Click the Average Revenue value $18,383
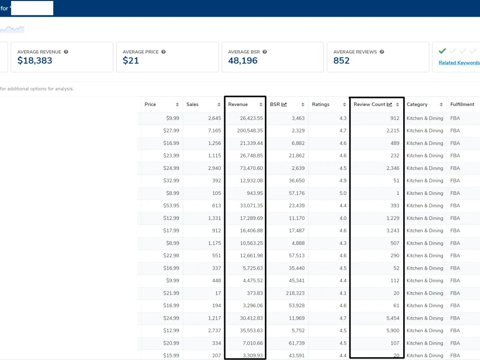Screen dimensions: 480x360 point(35,60)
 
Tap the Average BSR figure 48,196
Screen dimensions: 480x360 point(243,60)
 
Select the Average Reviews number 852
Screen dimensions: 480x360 point(341,60)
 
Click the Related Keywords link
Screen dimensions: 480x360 point(459,63)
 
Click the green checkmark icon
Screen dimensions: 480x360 point(442,51)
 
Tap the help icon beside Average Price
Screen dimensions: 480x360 point(164,52)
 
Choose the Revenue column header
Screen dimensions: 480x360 point(238,104)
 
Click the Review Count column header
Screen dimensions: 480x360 point(370,104)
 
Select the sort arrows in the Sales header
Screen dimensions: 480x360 point(219,105)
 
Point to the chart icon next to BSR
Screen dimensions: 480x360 point(284,104)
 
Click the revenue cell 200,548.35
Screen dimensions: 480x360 point(250,131)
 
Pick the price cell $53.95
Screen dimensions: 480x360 point(171,206)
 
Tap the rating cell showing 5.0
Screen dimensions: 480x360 point(343,193)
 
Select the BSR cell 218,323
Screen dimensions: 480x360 point(295,293)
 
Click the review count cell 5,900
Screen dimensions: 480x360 point(393,331)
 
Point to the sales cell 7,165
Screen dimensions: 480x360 point(214,131)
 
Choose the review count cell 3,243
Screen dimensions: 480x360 point(393,230)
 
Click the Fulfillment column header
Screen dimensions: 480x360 point(462,104)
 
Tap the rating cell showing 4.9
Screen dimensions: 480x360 point(343,180)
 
